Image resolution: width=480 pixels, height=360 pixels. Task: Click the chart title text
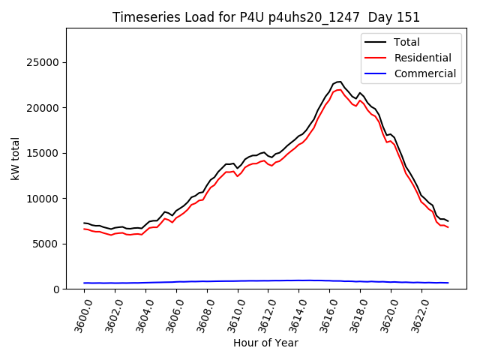pos(266,17)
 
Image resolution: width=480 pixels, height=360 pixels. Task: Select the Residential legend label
pos(422,58)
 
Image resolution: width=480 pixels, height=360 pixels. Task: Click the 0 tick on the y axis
pos(56,289)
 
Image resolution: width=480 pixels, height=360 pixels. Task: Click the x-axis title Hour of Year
pos(266,343)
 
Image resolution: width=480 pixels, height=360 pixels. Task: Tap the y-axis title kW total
pos(15,158)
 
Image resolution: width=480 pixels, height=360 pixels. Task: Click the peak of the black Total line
pos(340,81)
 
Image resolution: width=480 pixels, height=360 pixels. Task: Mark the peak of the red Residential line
pos(340,89)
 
